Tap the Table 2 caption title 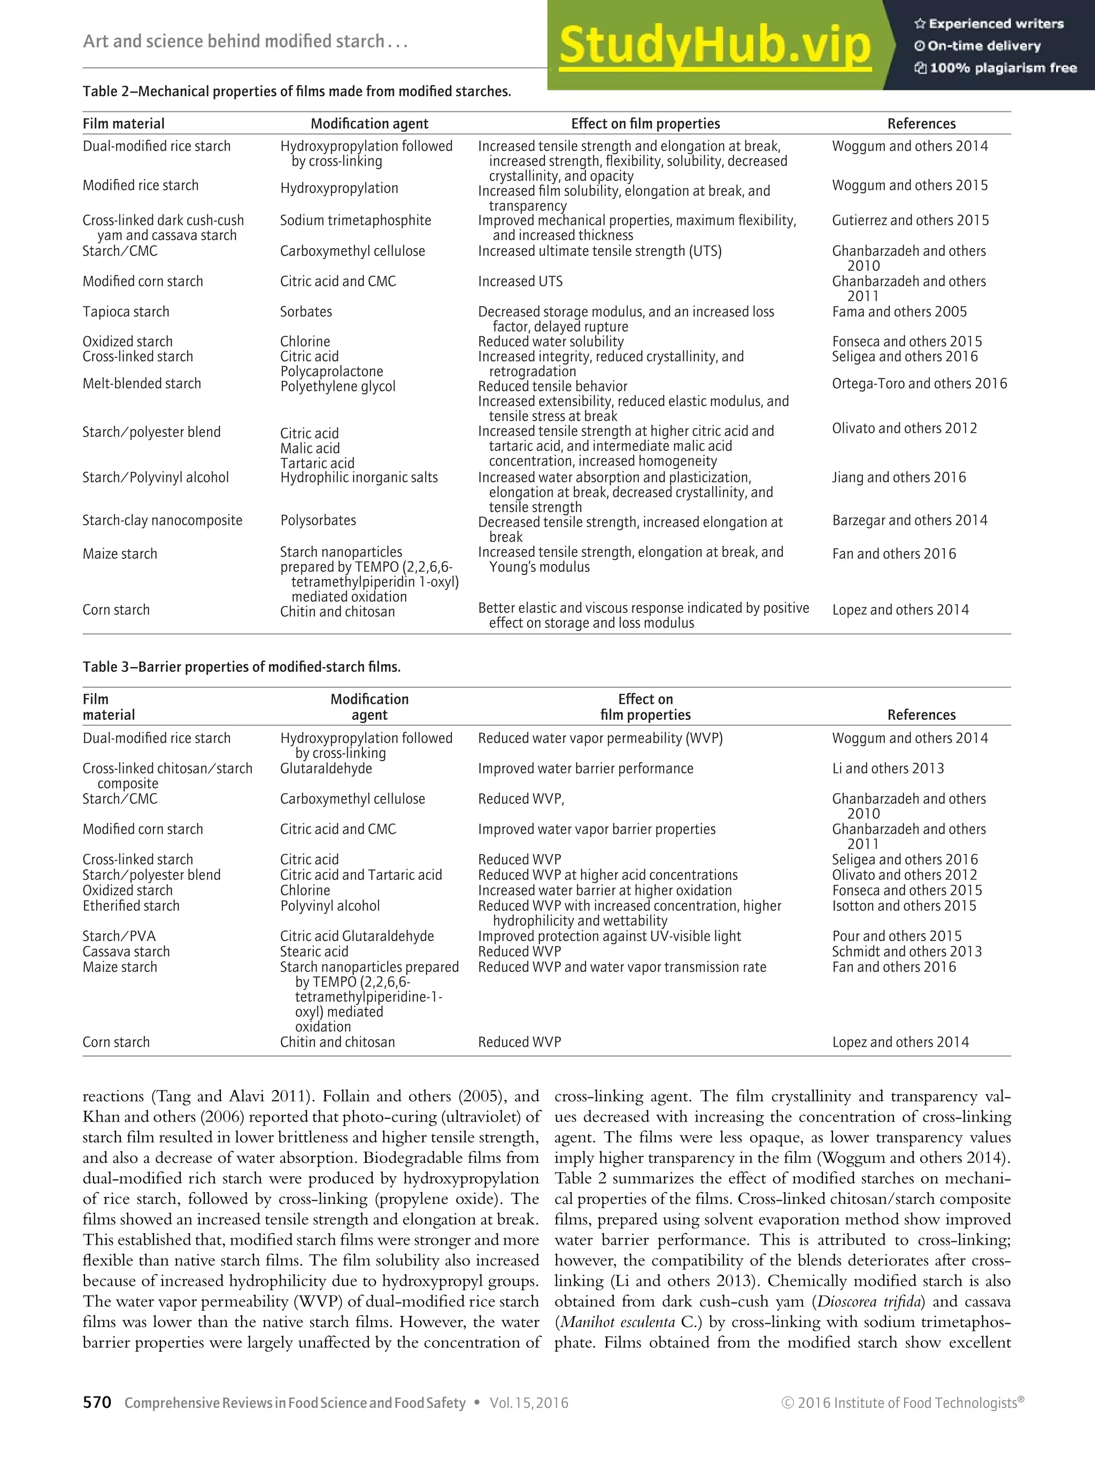296,91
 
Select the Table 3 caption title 241,667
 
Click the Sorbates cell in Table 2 305,311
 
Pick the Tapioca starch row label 126,311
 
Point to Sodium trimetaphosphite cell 355,220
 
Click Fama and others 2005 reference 899,311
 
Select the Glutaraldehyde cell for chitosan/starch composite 326,768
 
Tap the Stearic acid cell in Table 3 313,951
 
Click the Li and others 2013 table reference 888,768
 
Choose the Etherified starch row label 130,905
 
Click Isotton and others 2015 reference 904,905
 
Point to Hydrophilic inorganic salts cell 358,477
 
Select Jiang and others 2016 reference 898,477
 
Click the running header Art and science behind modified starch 244,41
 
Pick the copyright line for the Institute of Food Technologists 902,1402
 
